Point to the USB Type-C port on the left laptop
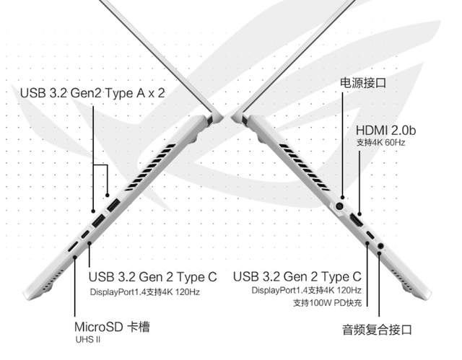85,236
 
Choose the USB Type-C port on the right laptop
370,237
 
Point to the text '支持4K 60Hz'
381,143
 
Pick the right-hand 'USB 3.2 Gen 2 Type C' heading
297,277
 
